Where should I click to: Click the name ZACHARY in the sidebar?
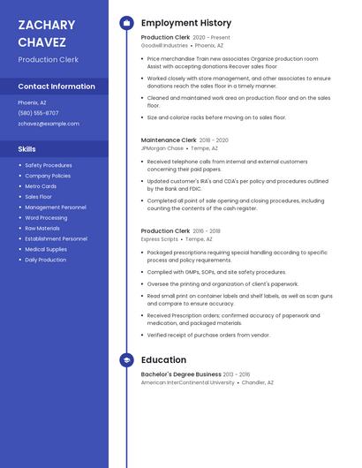[46, 25]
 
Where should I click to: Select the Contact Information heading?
[57, 87]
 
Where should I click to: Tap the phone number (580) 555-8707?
[38, 113]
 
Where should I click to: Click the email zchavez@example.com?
[49, 124]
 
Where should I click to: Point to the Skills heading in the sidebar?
[27, 149]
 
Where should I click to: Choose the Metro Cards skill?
[41, 186]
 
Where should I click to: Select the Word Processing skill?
[46, 217]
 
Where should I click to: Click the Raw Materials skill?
[42, 228]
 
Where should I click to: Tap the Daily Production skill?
[45, 260]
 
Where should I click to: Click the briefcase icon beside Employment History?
[126, 23]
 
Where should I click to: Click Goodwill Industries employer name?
[164, 45]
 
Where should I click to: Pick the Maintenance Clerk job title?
[169, 140]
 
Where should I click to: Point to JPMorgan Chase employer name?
[162, 147]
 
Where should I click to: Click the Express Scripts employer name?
[160, 238]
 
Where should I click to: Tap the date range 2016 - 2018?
[207, 230]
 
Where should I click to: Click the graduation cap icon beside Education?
[126, 360]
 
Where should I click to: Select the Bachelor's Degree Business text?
[181, 374]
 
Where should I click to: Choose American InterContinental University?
[188, 382]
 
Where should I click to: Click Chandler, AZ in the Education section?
[258, 382]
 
